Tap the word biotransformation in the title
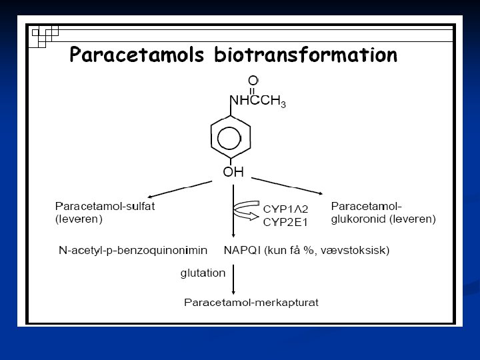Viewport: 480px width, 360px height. [306, 55]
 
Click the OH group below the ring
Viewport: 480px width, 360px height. [233, 172]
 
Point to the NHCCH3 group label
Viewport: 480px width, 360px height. [258, 101]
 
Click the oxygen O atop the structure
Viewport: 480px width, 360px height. [253, 81]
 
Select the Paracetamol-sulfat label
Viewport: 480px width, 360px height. [105, 206]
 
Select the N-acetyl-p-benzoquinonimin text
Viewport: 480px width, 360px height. [132, 251]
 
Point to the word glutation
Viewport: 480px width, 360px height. [203, 272]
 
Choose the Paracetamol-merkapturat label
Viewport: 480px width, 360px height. [251, 302]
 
